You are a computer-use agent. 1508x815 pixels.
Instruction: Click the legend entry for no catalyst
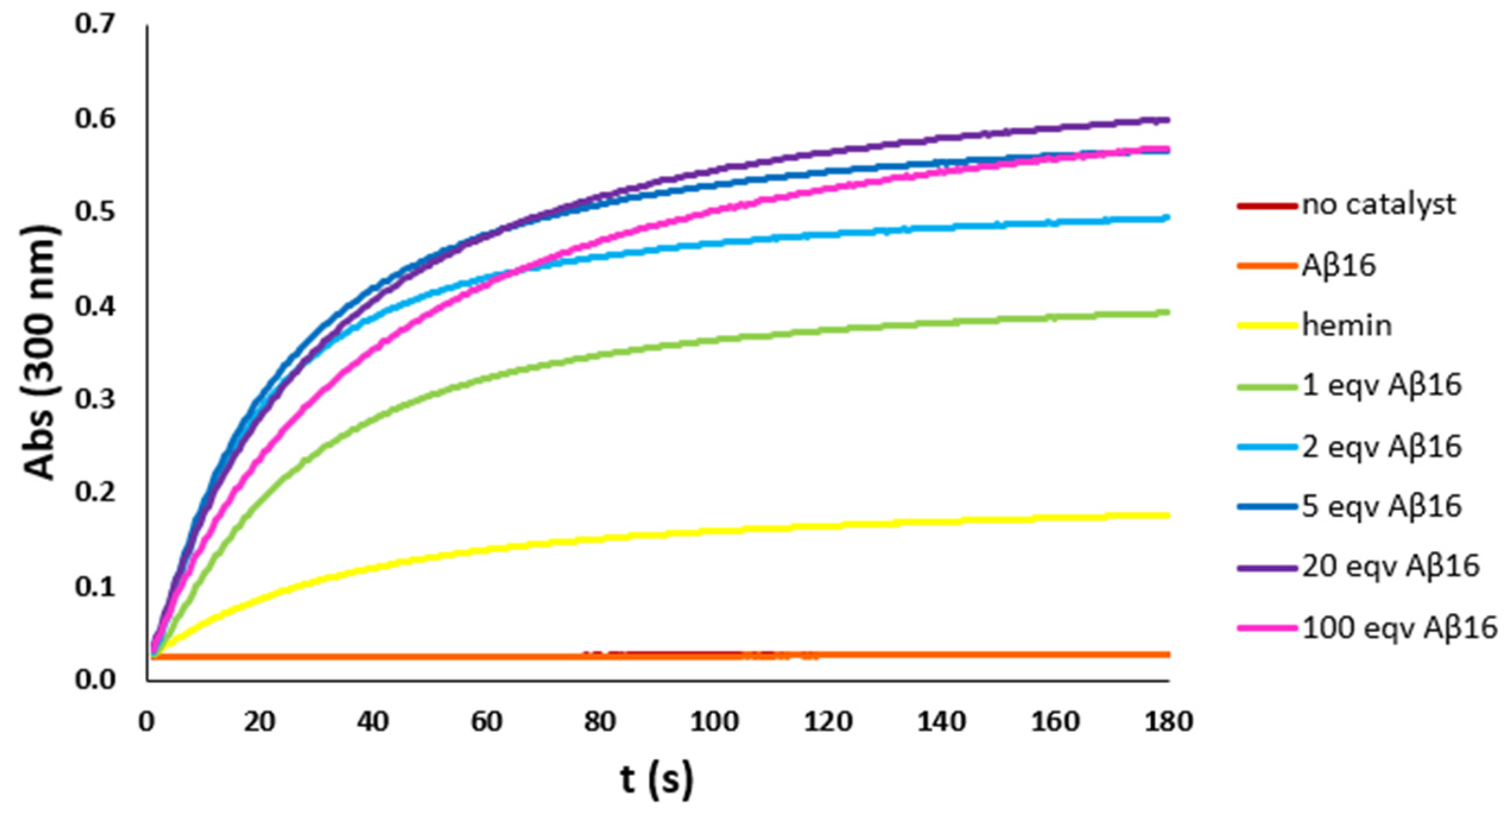coord(1377,206)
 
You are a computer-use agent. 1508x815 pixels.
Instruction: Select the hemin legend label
coord(1347,326)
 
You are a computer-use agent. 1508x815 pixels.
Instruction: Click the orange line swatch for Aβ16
coord(1267,266)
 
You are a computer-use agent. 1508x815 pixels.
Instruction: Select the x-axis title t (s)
coord(657,780)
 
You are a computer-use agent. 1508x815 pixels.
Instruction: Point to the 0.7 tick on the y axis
coord(94,24)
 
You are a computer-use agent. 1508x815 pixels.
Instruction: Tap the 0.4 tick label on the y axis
coord(94,307)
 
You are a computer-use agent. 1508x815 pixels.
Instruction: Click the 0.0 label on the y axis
coord(94,679)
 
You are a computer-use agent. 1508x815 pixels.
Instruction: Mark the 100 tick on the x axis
coord(714,722)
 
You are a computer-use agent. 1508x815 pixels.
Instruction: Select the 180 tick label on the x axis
coord(1168,722)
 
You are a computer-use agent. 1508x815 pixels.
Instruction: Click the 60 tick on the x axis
coord(487,722)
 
